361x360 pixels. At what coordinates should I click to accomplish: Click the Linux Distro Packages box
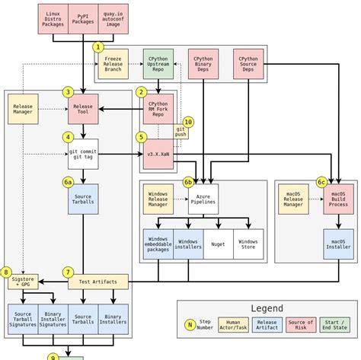pyautogui.click(x=53, y=18)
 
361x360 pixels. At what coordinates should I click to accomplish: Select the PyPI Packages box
pyautogui.click(x=83, y=18)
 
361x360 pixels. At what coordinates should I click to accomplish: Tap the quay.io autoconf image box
pyautogui.click(x=113, y=18)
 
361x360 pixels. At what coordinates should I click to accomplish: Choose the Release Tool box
pyautogui.click(x=83, y=109)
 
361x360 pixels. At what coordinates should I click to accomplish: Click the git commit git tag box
pyautogui.click(x=83, y=154)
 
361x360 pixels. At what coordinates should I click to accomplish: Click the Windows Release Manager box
pyautogui.click(x=158, y=199)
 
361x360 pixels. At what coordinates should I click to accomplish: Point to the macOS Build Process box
pyautogui.click(x=339, y=199)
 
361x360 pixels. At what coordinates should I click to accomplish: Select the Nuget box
pyautogui.click(x=219, y=244)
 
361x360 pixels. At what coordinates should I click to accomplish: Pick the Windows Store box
pyautogui.click(x=248, y=244)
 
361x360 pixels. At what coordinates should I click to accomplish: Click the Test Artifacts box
pyautogui.click(x=98, y=282)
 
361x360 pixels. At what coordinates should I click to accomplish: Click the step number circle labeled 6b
pyautogui.click(x=188, y=182)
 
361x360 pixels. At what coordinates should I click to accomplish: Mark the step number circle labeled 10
pyautogui.click(x=188, y=122)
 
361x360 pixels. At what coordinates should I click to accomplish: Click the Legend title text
pyautogui.click(x=267, y=308)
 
